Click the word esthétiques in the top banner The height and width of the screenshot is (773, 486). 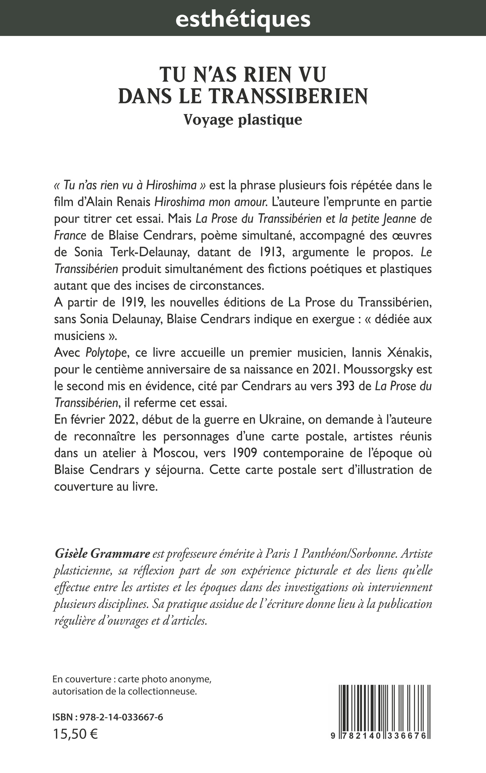[x=243, y=19]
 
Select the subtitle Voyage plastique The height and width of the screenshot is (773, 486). [x=243, y=120]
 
